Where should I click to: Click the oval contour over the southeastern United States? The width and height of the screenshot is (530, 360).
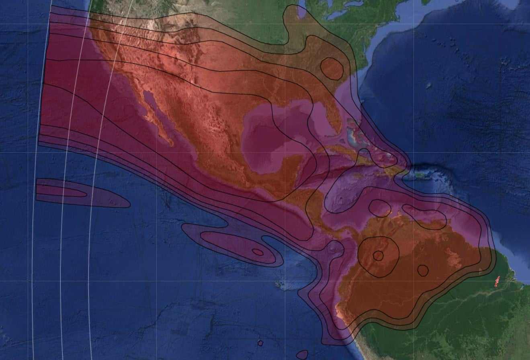[332, 68]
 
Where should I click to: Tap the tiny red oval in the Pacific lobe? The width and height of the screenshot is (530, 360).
[258, 252]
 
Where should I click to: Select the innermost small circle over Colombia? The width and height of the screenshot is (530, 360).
[378, 256]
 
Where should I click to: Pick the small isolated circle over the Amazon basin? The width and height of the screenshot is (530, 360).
[422, 270]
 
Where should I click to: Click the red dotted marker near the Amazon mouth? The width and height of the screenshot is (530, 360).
[497, 282]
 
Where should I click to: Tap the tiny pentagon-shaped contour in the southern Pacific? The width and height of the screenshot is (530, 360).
[260, 343]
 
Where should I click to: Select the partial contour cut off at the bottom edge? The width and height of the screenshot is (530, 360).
[302, 355]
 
